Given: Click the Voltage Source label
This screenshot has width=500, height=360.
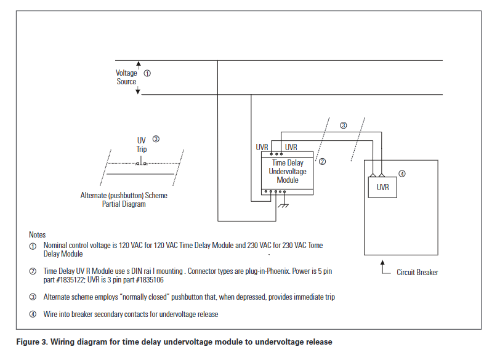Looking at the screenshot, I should [126, 77].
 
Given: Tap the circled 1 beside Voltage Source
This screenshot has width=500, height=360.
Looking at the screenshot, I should [147, 73].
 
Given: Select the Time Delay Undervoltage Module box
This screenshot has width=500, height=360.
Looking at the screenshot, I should [287, 172].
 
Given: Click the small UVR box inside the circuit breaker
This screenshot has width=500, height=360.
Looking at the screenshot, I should [382, 187].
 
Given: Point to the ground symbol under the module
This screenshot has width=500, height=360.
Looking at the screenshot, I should [284, 206].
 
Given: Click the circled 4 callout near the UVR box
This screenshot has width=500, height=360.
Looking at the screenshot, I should [402, 174].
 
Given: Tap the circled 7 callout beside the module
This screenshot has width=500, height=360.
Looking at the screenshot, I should [322, 161].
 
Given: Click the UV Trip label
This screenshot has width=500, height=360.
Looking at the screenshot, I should [142, 145].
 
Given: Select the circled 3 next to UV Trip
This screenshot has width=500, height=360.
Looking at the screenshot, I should [156, 139].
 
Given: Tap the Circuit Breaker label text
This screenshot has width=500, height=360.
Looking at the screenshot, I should [417, 272].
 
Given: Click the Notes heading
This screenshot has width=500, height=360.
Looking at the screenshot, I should [37, 235].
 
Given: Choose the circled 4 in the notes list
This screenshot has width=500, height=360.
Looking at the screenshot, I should [33, 314].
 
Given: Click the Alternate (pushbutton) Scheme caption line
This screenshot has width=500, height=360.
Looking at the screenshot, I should [124, 196].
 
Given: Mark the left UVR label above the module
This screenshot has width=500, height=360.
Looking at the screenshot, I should [263, 148].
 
